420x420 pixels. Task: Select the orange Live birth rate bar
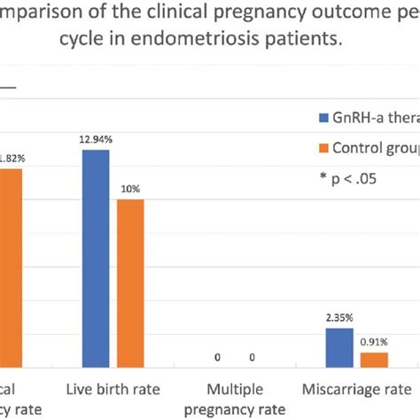pos(129,283)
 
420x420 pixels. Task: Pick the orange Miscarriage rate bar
pos(374,359)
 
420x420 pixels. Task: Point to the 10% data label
pos(130,190)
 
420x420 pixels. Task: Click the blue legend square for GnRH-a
pos(323,116)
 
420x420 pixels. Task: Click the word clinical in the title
pos(157,15)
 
